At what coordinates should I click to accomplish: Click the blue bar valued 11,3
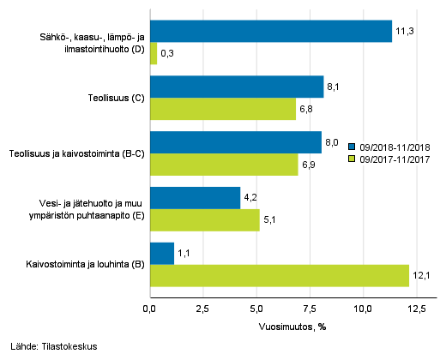tap(270, 32)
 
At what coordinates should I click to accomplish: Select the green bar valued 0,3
tap(154, 54)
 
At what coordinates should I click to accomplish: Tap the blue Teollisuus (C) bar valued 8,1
tap(237, 87)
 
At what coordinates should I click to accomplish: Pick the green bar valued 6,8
tap(223, 109)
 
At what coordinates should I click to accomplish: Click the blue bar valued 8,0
tap(236, 142)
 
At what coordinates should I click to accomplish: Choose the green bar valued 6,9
tap(224, 165)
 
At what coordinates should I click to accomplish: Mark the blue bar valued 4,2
tap(195, 198)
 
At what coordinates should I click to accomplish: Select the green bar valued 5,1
tap(204, 220)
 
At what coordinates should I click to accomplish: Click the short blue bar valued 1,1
tap(162, 254)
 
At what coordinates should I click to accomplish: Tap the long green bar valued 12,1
tap(280, 276)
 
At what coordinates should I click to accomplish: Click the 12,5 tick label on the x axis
tap(416, 309)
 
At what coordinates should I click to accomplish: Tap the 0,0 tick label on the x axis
tap(150, 309)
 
